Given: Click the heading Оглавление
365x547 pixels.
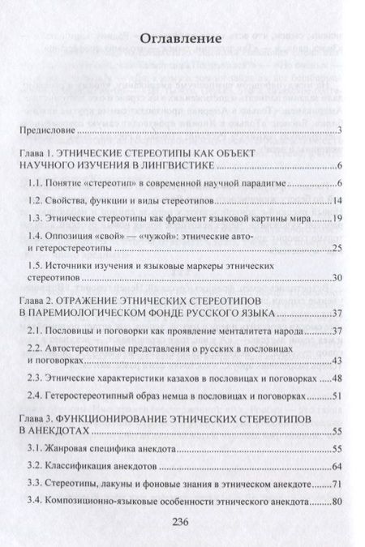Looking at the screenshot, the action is pos(182,36).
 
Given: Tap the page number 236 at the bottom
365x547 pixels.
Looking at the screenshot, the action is pos(183,523).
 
